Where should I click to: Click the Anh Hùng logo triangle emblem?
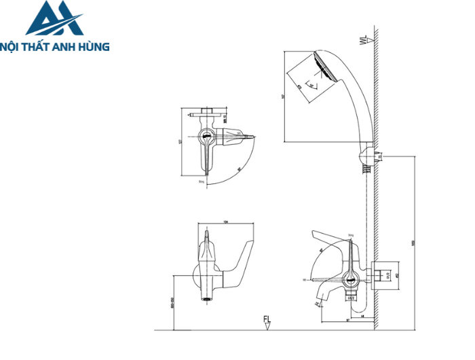click(54, 19)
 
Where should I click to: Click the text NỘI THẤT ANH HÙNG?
click(56, 47)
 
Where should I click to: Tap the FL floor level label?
click(267, 319)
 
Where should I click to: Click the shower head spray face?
click(323, 71)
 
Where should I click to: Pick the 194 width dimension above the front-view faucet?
click(224, 223)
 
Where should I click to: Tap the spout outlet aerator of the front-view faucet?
click(204, 298)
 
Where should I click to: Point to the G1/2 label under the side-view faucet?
click(351, 297)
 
